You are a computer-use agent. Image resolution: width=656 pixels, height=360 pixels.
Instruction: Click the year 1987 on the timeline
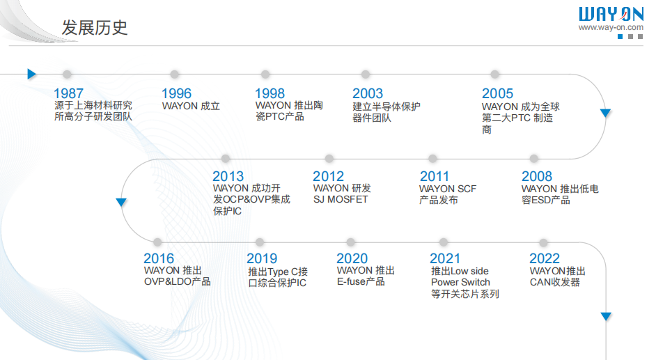(68, 93)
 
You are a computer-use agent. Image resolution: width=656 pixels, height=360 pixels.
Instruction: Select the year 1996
(176, 93)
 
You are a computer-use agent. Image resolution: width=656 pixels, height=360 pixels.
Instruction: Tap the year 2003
(368, 93)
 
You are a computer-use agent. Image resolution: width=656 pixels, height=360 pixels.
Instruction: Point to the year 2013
(228, 176)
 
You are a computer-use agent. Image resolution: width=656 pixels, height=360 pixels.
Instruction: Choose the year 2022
(544, 258)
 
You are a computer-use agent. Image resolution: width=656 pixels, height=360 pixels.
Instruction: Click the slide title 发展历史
(95, 28)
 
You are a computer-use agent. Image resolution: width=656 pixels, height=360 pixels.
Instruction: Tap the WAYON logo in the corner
(610, 14)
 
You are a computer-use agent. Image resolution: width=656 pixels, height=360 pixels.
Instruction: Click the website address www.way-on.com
(611, 28)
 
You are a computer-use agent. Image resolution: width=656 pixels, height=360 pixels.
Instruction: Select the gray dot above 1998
(265, 75)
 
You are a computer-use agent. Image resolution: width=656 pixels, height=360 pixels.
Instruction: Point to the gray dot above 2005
(495, 75)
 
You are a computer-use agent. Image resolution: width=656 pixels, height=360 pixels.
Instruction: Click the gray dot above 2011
(432, 159)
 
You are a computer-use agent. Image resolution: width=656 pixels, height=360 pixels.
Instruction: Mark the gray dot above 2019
(259, 242)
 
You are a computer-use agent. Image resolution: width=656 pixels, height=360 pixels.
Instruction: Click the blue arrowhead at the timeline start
(31, 74)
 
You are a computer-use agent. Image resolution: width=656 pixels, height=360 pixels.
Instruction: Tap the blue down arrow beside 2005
(605, 113)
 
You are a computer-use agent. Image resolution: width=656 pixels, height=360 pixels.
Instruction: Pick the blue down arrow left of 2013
(121, 202)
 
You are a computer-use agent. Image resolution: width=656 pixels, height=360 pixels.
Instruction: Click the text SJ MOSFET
(341, 200)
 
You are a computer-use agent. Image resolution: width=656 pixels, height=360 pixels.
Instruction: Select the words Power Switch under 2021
(460, 282)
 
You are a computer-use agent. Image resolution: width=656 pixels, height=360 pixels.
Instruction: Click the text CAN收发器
(555, 282)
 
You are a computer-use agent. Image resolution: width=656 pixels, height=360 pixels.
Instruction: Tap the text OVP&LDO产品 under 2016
(177, 282)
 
